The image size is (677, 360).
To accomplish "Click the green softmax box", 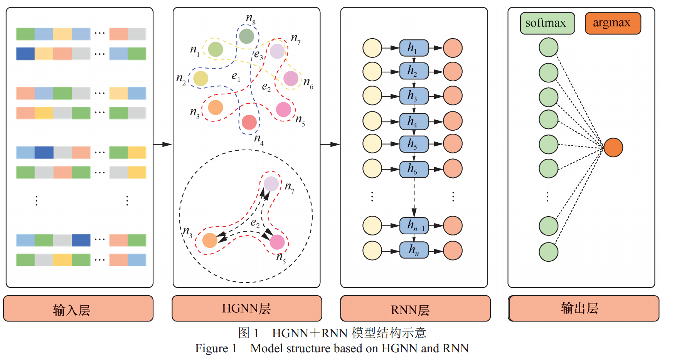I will [x=547, y=23].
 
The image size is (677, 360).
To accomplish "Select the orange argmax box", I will [x=613, y=23].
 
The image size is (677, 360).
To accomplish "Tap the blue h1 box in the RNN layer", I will [x=414, y=48].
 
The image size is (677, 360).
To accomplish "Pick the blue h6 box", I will [x=414, y=169].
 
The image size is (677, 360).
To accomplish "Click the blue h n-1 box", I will [x=414, y=225].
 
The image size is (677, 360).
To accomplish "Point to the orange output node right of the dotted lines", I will [x=613, y=148].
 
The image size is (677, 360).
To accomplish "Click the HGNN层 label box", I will [x=247, y=308].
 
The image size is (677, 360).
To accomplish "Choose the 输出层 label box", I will [x=584, y=308].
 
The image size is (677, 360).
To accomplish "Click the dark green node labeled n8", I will [x=247, y=37].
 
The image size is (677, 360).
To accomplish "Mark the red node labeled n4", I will [x=249, y=123].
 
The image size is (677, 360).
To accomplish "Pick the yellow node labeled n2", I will [x=200, y=78].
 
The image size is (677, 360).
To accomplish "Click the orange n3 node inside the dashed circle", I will [x=210, y=241].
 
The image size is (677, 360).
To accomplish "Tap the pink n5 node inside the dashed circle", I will [x=277, y=242].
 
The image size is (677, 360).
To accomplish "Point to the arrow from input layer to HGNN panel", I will [x=163, y=144].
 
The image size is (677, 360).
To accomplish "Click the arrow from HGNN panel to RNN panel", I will [x=330, y=144].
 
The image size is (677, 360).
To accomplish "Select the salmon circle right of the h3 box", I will [x=453, y=96].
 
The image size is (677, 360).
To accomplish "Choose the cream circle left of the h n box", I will [x=372, y=251].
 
